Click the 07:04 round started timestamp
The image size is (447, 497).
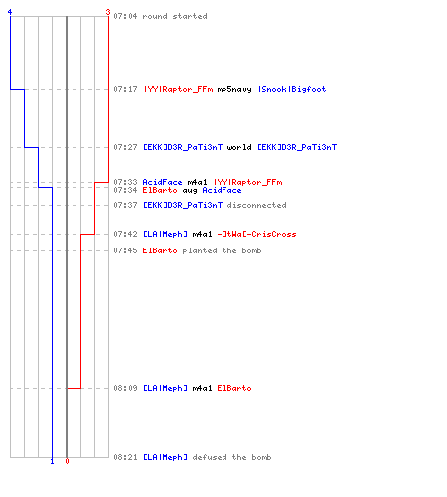tap(125, 16)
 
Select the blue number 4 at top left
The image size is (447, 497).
tap(10, 12)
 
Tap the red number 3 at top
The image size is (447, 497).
tap(108, 12)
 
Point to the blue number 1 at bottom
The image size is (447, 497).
tap(52, 461)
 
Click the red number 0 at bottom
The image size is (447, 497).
tap(67, 461)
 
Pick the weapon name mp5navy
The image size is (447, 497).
tap(234, 89)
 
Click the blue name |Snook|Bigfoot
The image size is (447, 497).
tap(292, 89)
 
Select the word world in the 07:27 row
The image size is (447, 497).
tap(239, 147)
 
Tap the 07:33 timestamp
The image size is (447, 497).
tap(125, 182)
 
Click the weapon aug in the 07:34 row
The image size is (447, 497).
tap(190, 191)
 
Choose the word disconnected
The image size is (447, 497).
tap(256, 205)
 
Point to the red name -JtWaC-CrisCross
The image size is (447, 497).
tap(256, 234)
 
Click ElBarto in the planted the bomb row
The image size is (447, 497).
tap(160, 250)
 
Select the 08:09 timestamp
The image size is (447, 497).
tap(125, 388)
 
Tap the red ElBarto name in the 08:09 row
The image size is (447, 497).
tap(234, 388)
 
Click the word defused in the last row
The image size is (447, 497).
tap(210, 457)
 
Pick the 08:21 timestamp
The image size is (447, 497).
tap(125, 457)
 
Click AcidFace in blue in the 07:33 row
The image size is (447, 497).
tap(162, 182)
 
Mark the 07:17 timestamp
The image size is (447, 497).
tap(125, 89)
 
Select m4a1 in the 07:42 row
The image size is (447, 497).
tap(202, 234)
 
